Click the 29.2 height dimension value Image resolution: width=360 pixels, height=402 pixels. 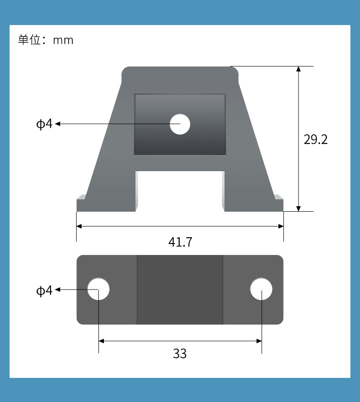coord(316,139)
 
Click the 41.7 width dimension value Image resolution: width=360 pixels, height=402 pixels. coord(180,242)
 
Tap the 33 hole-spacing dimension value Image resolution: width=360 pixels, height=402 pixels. coord(180,354)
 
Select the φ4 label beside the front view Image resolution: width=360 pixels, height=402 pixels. coord(44,124)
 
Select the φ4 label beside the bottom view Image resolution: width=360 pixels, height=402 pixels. coord(44,290)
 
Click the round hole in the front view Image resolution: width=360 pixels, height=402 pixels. coord(180,124)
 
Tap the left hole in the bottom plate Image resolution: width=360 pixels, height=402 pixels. coord(98,289)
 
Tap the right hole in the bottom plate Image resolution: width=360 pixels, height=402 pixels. coord(261,289)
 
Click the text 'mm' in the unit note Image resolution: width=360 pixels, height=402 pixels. coord(63,41)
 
